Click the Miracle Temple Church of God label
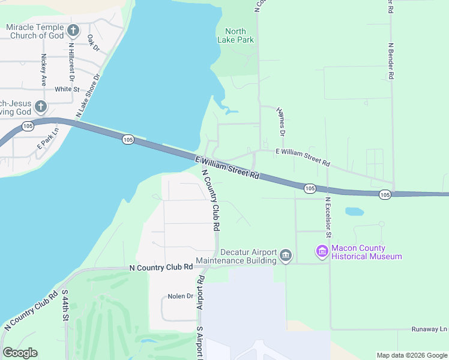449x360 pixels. pos(34,31)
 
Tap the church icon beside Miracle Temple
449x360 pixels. pos(73,30)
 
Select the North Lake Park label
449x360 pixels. pos(240,35)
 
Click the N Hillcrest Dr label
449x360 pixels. pos(71,61)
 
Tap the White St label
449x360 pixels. pos(67,89)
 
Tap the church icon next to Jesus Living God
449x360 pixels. pos(40,107)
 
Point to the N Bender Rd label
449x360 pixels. pos(391,61)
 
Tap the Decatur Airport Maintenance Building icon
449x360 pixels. pos(286,256)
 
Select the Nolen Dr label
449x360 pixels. pos(180,296)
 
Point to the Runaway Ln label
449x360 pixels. pos(429,329)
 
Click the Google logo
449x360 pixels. pos(20,353)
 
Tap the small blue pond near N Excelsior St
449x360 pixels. pos(355,212)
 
